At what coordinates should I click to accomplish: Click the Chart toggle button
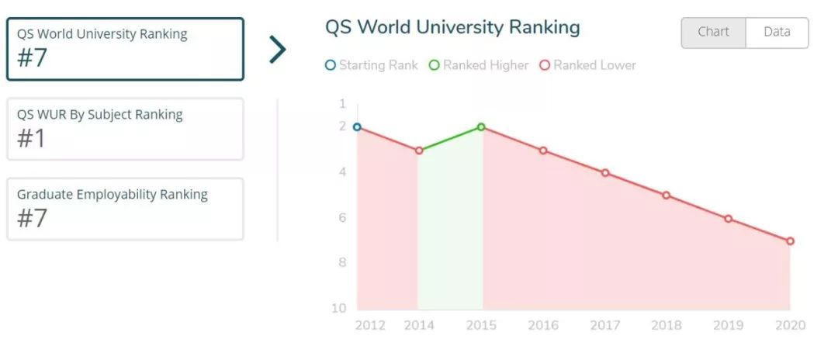[x=713, y=33]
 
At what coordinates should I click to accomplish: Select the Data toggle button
[x=777, y=33]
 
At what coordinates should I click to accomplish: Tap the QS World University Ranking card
[x=125, y=49]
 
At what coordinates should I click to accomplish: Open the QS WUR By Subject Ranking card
[x=125, y=129]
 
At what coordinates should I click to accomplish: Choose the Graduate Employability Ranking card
[x=125, y=209]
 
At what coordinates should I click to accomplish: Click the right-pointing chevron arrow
[x=277, y=49]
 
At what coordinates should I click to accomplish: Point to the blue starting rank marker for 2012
[x=357, y=126]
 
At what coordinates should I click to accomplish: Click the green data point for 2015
[x=481, y=126]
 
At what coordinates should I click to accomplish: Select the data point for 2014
[x=419, y=150]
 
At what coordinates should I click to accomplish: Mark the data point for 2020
[x=790, y=241]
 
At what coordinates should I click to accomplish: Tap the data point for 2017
[x=605, y=173]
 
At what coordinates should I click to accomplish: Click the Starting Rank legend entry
[x=372, y=65]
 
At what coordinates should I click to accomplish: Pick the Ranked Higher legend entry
[x=479, y=65]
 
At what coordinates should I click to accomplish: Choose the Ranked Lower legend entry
[x=588, y=65]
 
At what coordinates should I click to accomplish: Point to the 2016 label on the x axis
[x=543, y=325]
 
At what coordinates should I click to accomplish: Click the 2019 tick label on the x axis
[x=728, y=325]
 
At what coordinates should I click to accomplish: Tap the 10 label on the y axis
[x=339, y=309]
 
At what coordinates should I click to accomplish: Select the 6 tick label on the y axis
[x=342, y=218]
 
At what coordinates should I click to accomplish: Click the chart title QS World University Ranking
[x=452, y=28]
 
